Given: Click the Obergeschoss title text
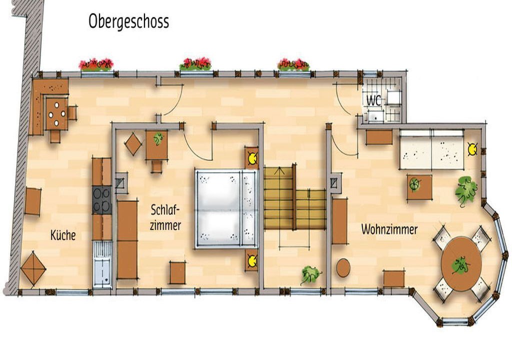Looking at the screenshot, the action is coord(128,22).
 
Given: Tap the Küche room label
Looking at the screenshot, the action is coord(63,235).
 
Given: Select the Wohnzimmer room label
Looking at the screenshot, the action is coord(389,229).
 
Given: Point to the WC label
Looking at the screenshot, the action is coord(373,100).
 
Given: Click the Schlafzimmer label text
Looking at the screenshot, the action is coord(165,217).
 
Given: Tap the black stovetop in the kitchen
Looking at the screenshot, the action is coord(102,200).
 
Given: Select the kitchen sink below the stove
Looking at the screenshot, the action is coord(102,264).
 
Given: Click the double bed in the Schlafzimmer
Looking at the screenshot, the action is coord(226,208).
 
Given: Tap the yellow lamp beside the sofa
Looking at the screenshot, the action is coord(472,149).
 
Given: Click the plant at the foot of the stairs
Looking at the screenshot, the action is coord(310,274).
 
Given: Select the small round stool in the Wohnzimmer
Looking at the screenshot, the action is coord(343,268).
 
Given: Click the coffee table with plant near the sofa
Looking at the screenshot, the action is coord(419,187).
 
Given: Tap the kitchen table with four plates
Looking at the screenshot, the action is coord(56,114).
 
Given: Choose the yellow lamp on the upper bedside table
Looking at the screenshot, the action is coord(252,158).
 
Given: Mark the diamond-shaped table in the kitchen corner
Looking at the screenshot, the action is coord(33,268).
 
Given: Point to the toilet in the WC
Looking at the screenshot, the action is coord(394,96).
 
